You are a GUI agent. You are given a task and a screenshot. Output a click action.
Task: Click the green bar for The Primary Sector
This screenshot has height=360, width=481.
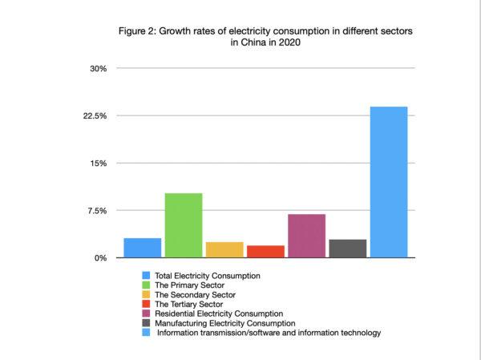coord(183,225)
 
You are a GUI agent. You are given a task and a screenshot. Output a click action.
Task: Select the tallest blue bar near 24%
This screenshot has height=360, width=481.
coord(388,182)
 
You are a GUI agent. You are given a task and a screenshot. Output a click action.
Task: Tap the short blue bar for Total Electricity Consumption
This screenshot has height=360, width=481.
coord(143,248)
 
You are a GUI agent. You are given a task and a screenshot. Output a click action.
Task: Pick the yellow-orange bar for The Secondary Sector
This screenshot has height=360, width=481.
coord(224,249)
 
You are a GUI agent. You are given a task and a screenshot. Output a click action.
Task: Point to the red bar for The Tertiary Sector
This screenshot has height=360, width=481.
coord(265,251)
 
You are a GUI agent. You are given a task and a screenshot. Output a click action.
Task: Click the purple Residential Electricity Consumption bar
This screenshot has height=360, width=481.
coord(306,236)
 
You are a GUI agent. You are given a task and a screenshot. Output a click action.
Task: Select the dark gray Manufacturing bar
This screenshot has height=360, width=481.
coord(347,249)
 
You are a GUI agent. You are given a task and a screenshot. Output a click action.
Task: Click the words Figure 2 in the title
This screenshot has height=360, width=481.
coord(139,31)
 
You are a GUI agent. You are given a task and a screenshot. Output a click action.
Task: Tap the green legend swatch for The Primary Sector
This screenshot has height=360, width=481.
coord(146,285)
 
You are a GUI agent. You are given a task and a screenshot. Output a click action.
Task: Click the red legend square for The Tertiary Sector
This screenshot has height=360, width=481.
coord(146,304)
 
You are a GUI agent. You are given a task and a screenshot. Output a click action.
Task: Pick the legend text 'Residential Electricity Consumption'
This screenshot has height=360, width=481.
coord(219,313)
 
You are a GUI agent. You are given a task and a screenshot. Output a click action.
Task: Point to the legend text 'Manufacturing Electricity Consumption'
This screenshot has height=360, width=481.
coord(224,323)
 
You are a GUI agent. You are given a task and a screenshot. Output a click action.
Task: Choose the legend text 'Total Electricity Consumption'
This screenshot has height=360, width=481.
coord(207,275)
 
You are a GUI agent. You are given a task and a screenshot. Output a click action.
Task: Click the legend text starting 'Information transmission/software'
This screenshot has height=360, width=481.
coord(269,333)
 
